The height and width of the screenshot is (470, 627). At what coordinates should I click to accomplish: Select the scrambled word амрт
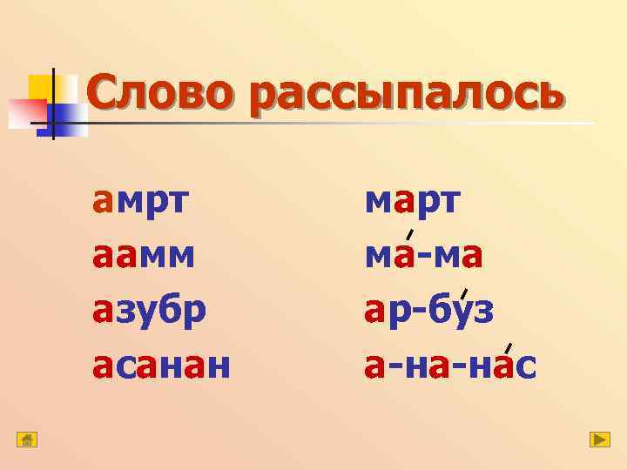pos(143,202)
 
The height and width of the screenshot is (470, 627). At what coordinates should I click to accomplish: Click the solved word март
pos(414,202)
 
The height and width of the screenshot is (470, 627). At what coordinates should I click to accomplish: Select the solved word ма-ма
pos(424,257)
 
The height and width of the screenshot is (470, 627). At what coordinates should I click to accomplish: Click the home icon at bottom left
pos(27,440)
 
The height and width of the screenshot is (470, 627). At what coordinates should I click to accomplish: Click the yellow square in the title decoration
pos(43,88)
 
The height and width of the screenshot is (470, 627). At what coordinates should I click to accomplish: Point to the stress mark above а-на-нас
pos(507,349)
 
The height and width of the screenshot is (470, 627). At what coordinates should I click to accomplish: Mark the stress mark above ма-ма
pos(409,232)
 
